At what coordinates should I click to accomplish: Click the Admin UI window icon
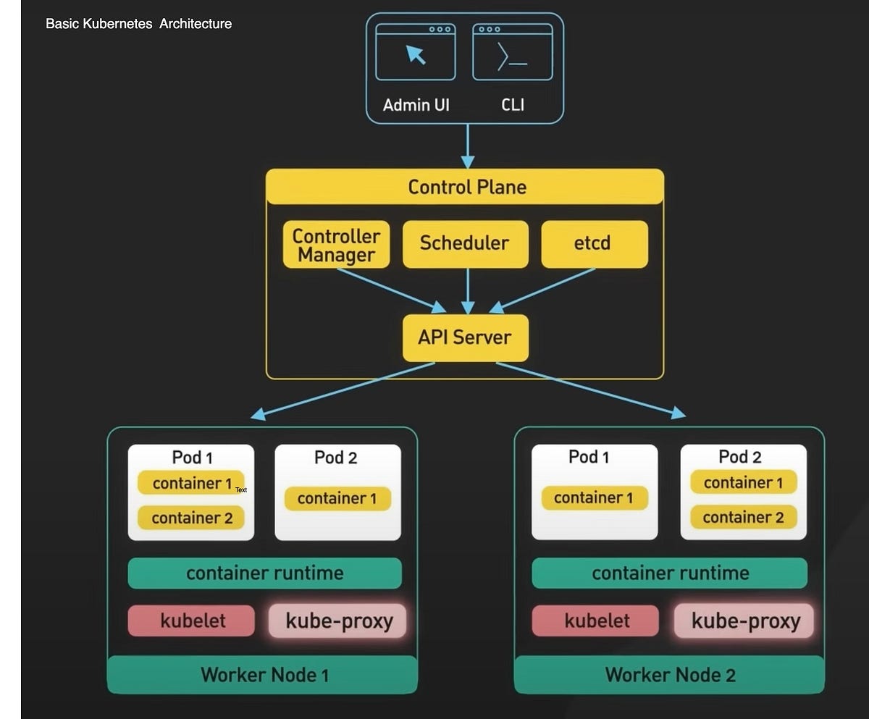point(415,52)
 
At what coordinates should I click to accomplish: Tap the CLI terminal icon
point(512,52)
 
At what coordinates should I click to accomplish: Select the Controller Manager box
point(336,245)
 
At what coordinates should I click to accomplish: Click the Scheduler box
point(464,244)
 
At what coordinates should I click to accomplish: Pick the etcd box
point(594,244)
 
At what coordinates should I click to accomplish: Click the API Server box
point(465,337)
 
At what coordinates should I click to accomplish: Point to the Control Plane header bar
point(465,187)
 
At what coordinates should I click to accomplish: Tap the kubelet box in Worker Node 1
point(192,621)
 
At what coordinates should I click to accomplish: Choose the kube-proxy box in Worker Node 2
point(744,621)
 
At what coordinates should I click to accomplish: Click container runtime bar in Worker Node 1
point(264,573)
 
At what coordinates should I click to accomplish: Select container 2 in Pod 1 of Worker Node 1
point(192,518)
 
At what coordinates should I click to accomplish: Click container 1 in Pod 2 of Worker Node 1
point(337,498)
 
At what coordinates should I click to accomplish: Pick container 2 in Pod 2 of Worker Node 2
point(743,517)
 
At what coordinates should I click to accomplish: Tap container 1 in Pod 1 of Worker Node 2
point(594,498)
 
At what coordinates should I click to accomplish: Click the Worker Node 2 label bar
point(669,675)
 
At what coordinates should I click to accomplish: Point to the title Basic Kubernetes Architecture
point(138,24)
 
